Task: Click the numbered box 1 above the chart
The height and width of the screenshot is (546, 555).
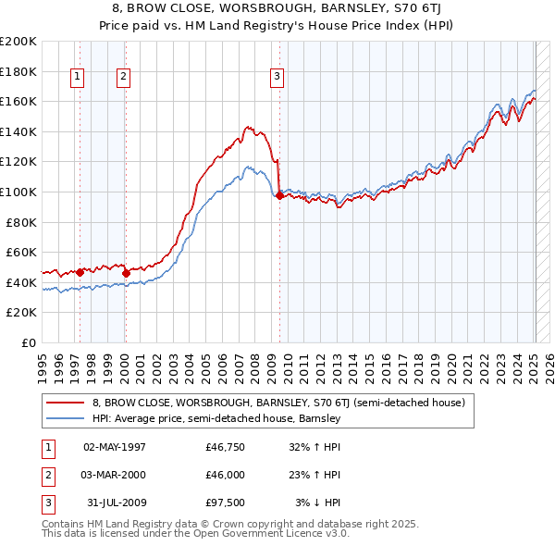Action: (x=76, y=78)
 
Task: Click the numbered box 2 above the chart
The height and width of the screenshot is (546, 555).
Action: (x=123, y=78)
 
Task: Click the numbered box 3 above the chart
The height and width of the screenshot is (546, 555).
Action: (x=277, y=78)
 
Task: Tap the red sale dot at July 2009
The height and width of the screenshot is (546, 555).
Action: (x=279, y=195)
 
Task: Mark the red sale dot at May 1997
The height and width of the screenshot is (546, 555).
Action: (x=80, y=272)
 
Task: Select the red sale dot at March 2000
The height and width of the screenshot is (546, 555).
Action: (x=126, y=273)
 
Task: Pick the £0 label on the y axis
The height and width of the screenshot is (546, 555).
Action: (x=28, y=342)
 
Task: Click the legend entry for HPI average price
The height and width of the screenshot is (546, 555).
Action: (x=216, y=419)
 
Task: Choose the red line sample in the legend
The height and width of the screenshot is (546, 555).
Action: (x=65, y=403)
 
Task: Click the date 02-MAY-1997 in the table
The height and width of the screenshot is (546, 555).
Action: (x=115, y=447)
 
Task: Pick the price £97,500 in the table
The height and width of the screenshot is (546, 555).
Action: (x=226, y=503)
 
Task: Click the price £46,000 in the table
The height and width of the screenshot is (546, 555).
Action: (x=226, y=475)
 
